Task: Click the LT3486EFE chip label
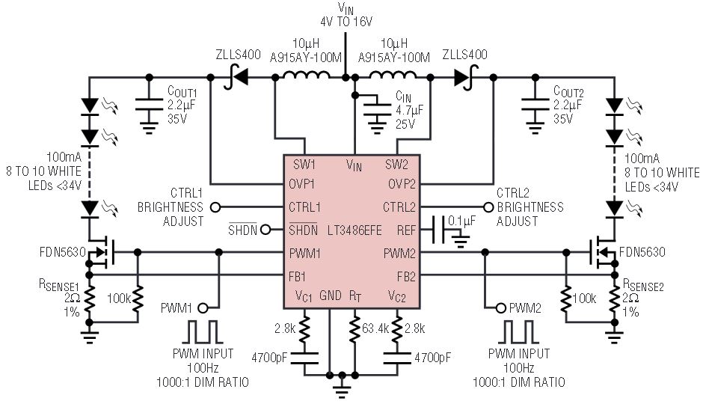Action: [x=354, y=230]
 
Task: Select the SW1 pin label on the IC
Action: [x=304, y=165]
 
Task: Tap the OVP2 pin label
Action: [x=402, y=184]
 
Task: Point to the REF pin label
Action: [x=406, y=230]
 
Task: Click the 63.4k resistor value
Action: [x=375, y=328]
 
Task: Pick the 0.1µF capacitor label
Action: [x=461, y=221]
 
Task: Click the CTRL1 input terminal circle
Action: [x=215, y=207]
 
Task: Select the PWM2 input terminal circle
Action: [x=500, y=308]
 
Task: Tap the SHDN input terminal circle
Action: [x=265, y=230]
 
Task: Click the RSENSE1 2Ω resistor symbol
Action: [x=89, y=299]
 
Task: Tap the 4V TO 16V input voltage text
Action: [x=346, y=21]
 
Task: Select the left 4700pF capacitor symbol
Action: [x=304, y=358]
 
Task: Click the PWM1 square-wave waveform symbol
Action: [x=203, y=332]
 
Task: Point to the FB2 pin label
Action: [x=406, y=277]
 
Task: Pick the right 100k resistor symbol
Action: [x=566, y=299]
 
